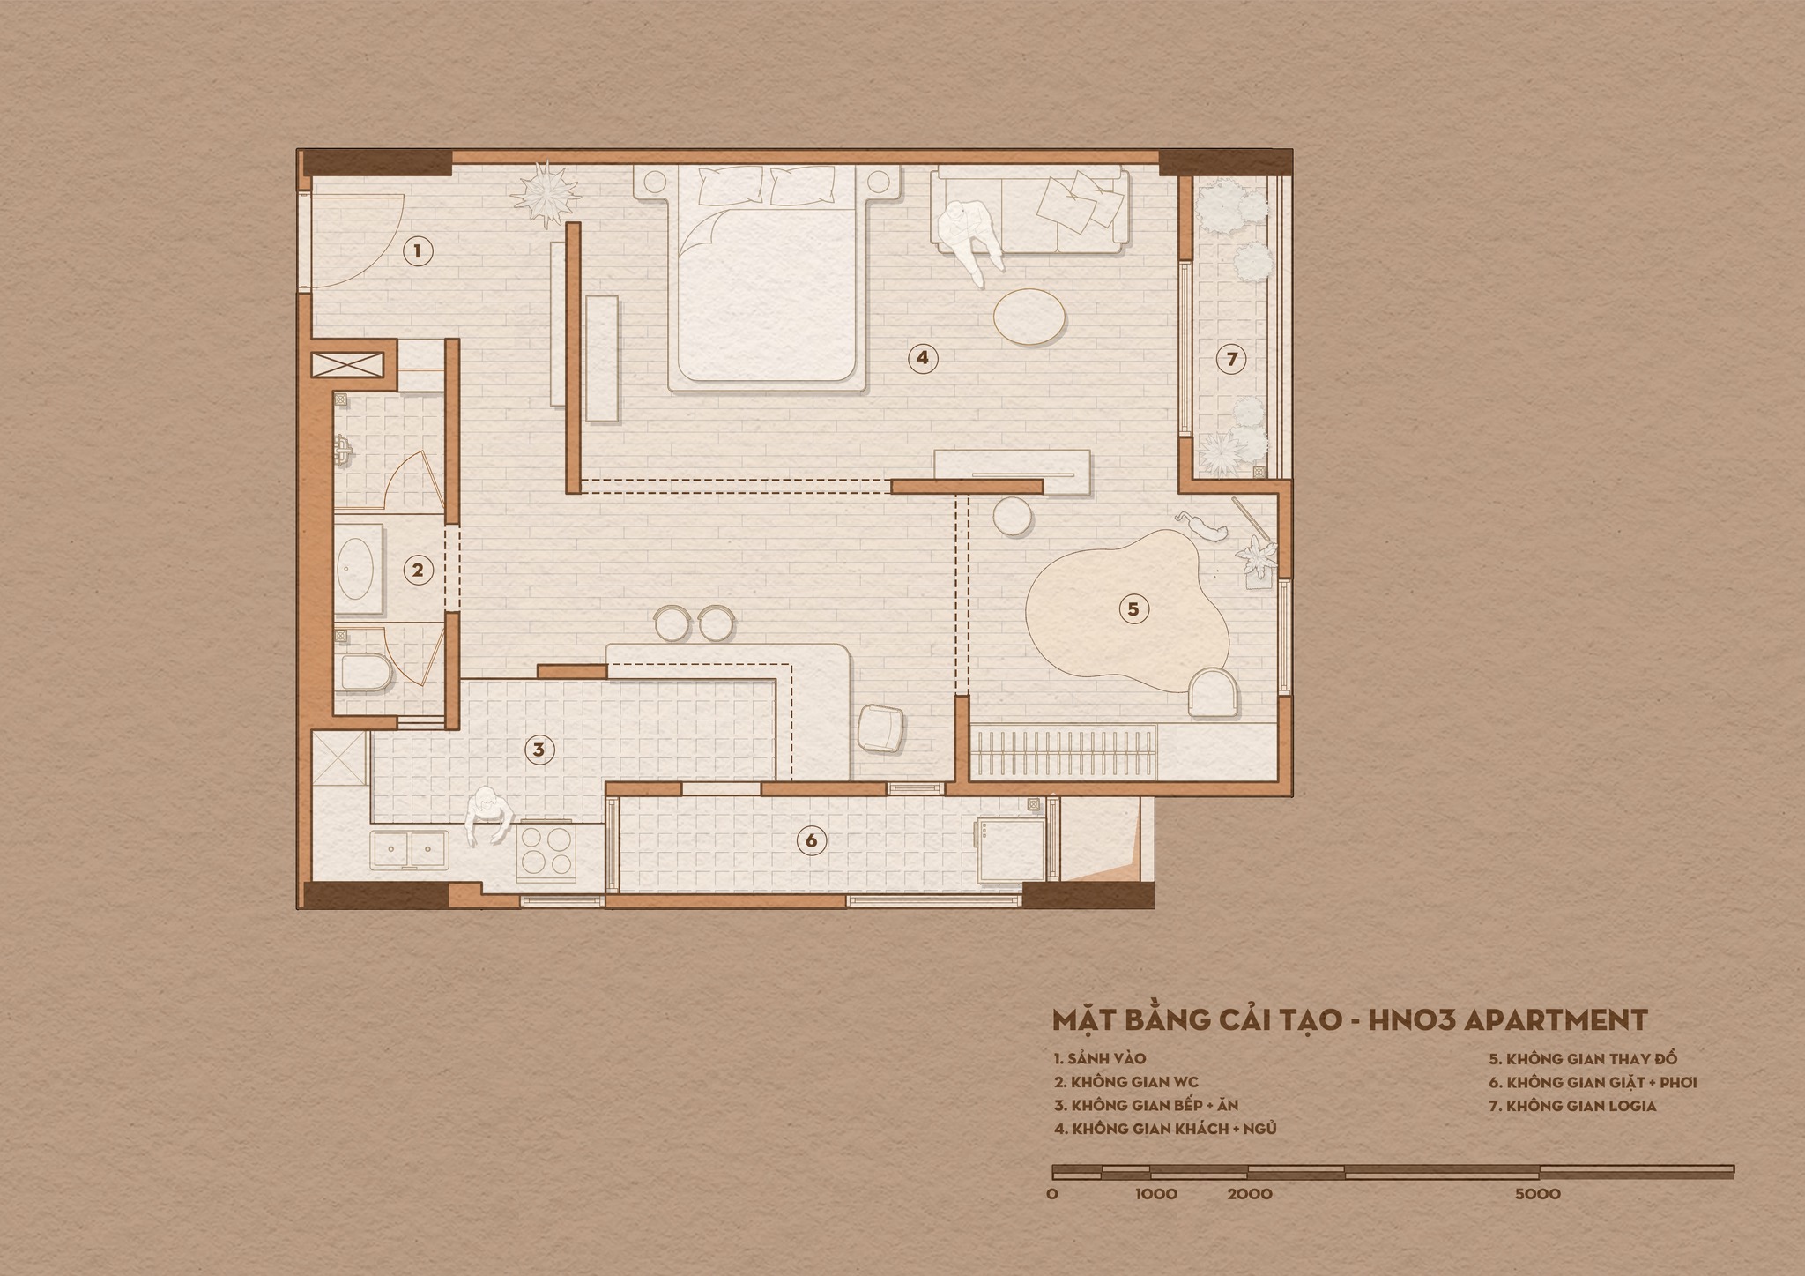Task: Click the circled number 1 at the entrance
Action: point(418,251)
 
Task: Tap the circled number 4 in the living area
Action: point(922,358)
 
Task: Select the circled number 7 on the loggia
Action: point(1232,359)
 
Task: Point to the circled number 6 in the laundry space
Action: point(812,841)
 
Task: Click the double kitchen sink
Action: point(410,850)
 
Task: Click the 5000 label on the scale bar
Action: point(1538,1194)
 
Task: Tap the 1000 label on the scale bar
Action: point(1156,1194)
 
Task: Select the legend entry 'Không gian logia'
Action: point(1572,1105)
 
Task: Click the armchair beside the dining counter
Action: point(880,728)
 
